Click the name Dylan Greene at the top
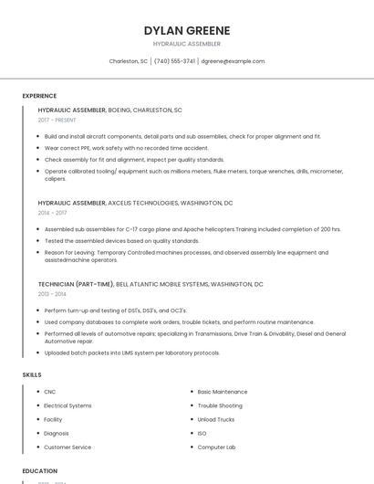[x=186, y=30]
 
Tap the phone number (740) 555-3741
[x=174, y=61]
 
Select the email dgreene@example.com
[x=233, y=61]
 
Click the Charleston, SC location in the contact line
[x=128, y=61]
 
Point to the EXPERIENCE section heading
[x=39, y=96]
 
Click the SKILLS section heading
[x=31, y=374]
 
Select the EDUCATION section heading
[x=39, y=471]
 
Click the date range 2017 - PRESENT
[x=58, y=120]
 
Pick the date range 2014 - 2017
[x=52, y=213]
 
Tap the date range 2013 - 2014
[x=52, y=294]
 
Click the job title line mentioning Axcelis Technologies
[x=135, y=203]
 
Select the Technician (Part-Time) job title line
[x=151, y=284]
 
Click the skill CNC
[x=50, y=392]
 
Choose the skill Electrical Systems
[x=68, y=405]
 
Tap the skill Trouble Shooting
[x=220, y=405]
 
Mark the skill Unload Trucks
[x=216, y=419]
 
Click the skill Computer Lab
[x=216, y=447]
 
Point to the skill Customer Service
[x=68, y=447]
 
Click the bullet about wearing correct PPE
[x=126, y=147]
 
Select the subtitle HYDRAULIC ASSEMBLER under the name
[x=186, y=44]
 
